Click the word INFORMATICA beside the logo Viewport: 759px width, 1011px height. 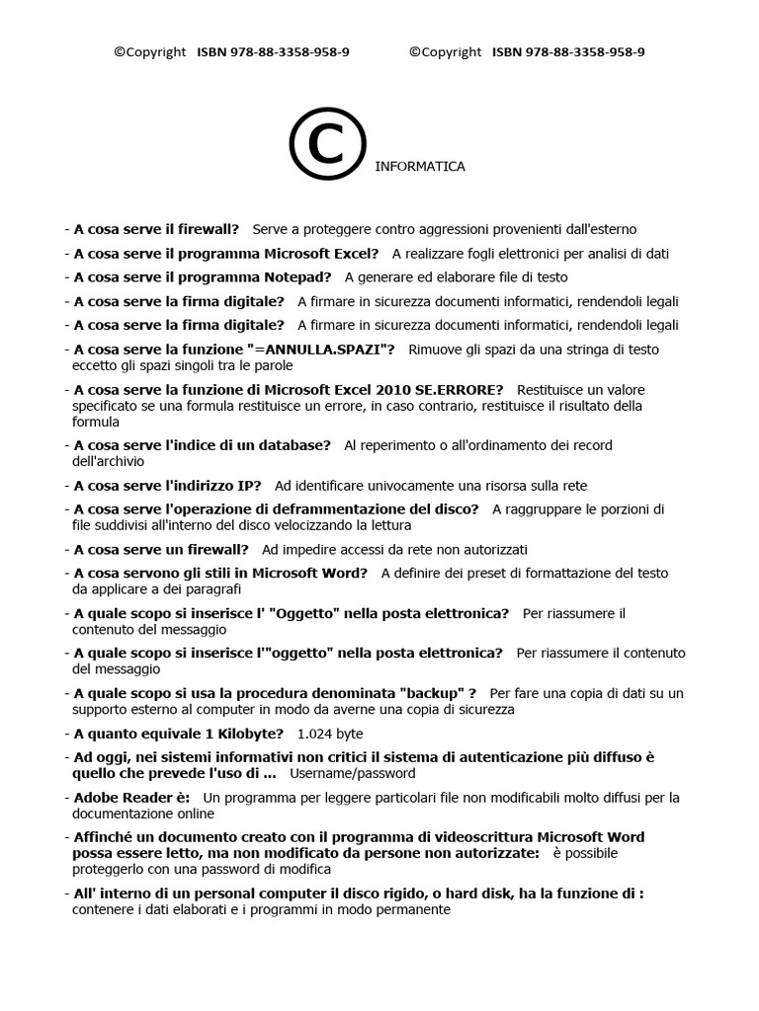coord(420,167)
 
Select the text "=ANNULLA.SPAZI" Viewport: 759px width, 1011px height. coord(323,350)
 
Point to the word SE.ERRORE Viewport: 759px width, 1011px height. coord(459,390)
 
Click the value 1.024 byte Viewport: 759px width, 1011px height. coord(330,734)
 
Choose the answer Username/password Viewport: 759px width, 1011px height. coord(353,773)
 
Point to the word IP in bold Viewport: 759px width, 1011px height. coord(249,486)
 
